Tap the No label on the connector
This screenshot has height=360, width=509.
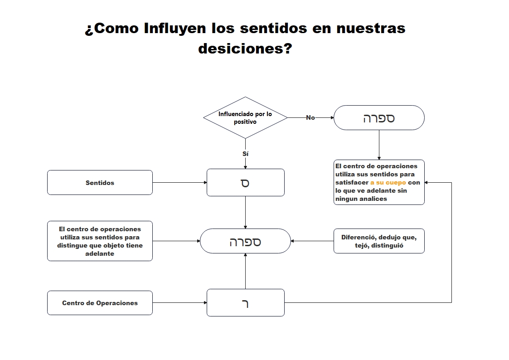coord(310,117)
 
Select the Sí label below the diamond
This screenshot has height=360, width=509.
coord(245,154)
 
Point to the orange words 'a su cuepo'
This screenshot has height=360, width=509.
coord(388,182)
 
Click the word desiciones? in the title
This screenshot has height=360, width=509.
coord(245,49)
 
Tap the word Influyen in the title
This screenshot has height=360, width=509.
coord(175,28)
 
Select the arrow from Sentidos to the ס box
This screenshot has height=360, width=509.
coord(179,182)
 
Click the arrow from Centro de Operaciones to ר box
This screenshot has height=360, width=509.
coord(179,302)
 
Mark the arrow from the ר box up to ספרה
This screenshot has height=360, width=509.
coord(245,271)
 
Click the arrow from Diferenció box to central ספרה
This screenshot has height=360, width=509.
coord(312,241)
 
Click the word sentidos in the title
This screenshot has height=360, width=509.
coord(273,28)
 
